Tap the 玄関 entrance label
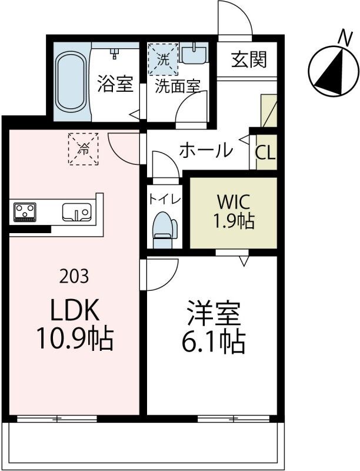tap(249, 59)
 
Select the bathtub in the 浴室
tap(71, 82)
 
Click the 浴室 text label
tap(115, 84)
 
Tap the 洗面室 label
tap(177, 86)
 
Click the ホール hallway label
tap(205, 151)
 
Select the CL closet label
tap(265, 152)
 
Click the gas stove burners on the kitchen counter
tap(25, 211)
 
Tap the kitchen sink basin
tap(75, 211)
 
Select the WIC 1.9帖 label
tap(234, 211)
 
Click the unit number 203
tap(74, 275)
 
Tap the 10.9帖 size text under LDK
tap(74, 338)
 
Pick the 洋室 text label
tap(214, 314)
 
